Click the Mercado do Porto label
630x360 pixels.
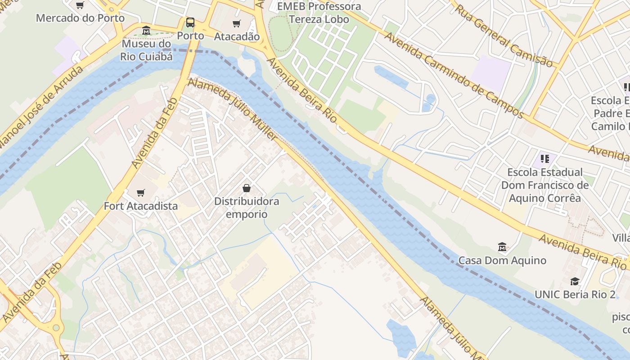80,18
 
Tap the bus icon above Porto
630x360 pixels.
190,22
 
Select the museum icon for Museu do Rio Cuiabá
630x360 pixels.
146,31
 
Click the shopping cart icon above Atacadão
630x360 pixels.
237,23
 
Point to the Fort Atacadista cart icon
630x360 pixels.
141,193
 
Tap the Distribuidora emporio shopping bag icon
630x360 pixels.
247,188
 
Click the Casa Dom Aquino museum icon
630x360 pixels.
502,247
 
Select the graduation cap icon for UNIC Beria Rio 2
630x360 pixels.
575,281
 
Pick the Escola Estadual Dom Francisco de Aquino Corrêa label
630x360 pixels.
545,185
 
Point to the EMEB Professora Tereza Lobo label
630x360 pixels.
319,13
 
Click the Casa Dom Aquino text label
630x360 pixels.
502,260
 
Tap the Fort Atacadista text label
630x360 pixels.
141,206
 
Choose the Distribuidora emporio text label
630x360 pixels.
247,207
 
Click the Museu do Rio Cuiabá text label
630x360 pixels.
147,50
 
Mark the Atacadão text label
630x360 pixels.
237,36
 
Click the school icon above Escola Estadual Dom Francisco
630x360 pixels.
545,158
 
